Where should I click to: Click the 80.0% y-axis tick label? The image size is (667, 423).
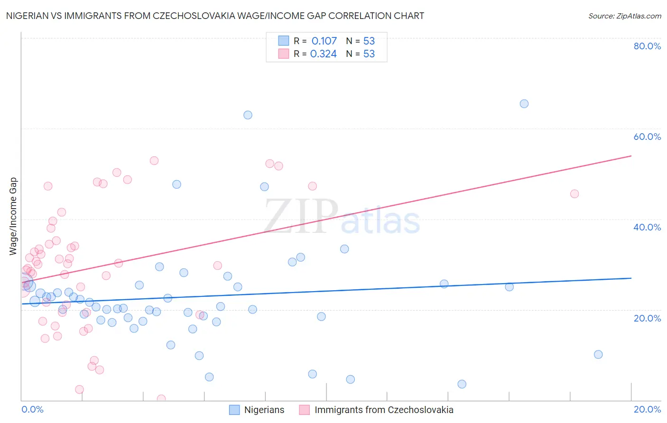tap(647, 46)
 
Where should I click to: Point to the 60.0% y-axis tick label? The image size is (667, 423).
tap(647, 137)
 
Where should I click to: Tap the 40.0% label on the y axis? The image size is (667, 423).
tap(647, 227)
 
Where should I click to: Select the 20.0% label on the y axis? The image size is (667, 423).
tap(647, 318)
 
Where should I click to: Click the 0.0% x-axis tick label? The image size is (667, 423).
tap(32, 409)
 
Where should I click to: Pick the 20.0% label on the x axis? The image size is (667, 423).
tap(647, 409)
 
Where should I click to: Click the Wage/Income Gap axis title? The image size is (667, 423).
tap(13, 216)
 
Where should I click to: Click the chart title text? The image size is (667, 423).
tap(215, 16)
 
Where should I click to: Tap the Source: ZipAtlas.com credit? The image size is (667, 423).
tap(624, 16)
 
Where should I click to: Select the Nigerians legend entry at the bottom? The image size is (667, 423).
tap(257, 410)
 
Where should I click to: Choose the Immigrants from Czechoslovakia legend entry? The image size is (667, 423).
tap(376, 410)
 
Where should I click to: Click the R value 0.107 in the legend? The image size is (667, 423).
tap(324, 41)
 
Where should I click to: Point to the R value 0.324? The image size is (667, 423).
tap(323, 54)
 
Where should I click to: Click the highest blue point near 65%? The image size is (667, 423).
tap(524, 104)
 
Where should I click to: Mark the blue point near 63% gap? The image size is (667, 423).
tap(248, 115)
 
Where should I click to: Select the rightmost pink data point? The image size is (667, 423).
tap(574, 193)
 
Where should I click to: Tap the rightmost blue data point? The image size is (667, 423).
tap(598, 354)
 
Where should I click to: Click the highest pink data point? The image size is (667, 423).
tap(154, 160)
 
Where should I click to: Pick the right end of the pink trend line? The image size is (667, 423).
tap(631, 156)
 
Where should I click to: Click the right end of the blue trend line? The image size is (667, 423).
tap(631, 278)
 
